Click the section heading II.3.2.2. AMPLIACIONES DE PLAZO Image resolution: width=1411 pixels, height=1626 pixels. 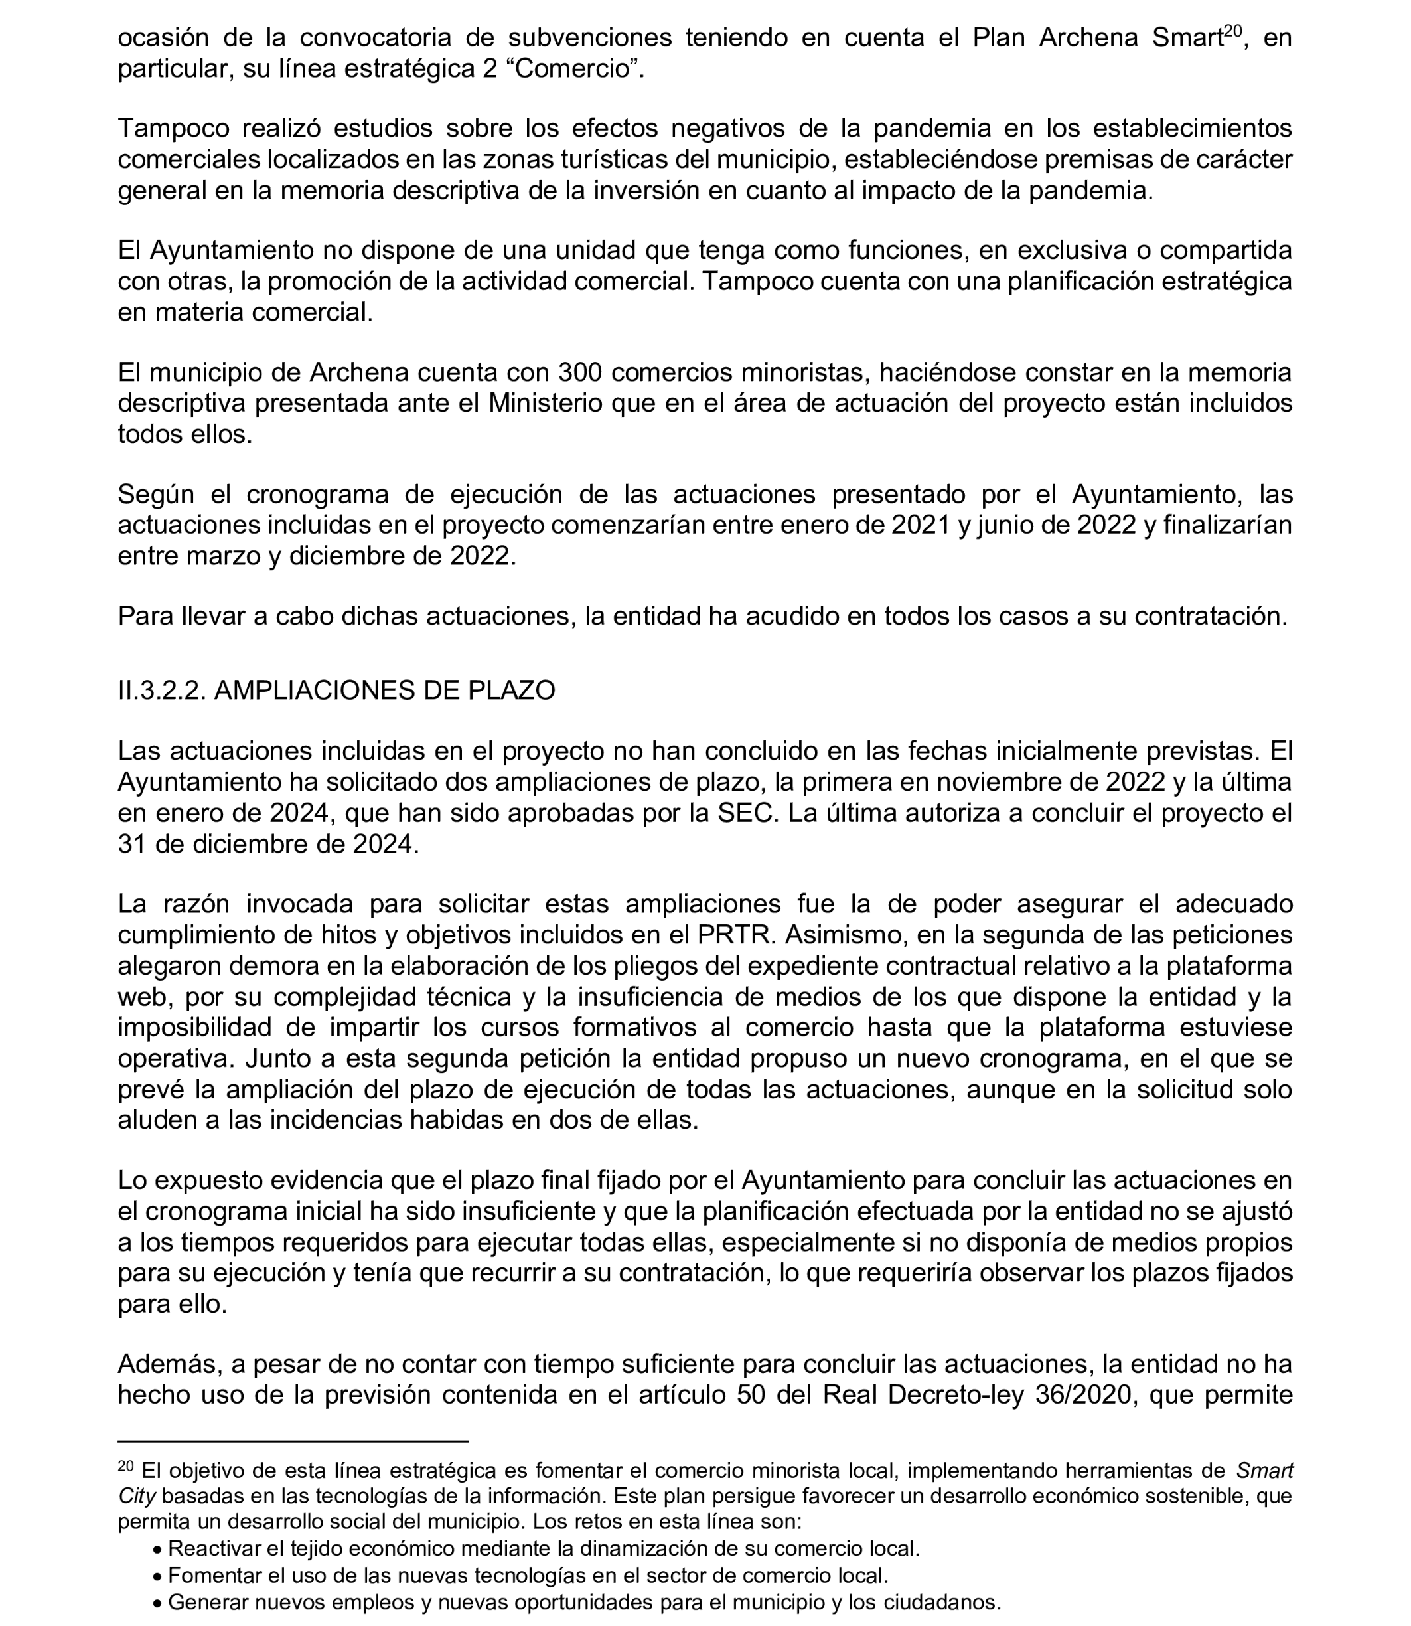pos(336,690)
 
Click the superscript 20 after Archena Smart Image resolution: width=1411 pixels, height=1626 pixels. pos(1233,31)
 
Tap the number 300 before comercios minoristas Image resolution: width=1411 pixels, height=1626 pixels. pos(582,372)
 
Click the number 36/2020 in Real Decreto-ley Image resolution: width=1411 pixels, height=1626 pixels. pos(1085,1395)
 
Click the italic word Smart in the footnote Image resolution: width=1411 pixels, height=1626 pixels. pos(1264,1471)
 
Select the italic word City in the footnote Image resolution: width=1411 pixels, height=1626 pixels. pos(136,1496)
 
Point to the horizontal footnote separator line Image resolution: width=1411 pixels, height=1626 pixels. pos(293,1441)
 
